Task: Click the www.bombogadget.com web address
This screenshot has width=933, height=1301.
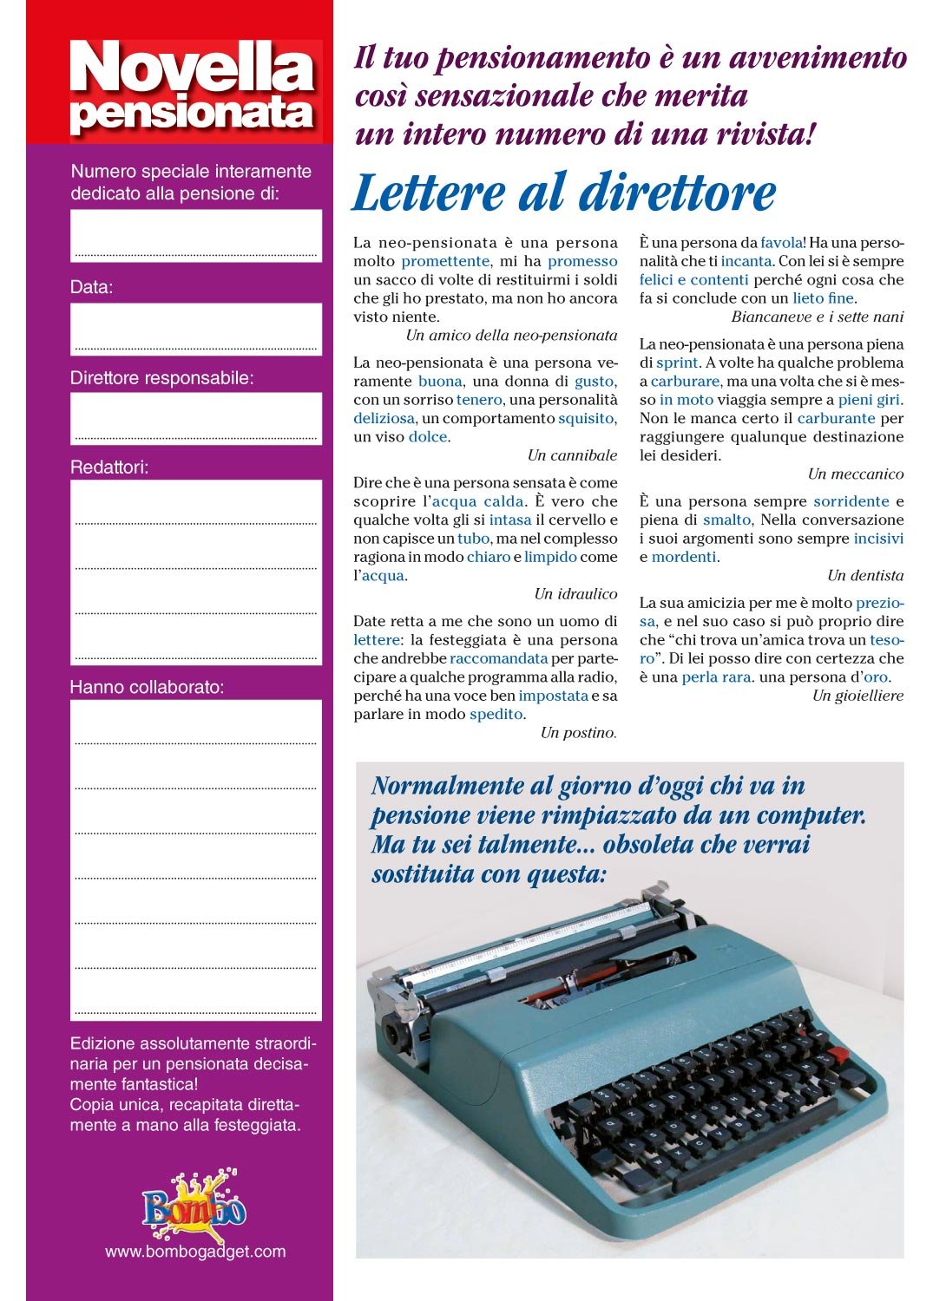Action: click(x=195, y=1252)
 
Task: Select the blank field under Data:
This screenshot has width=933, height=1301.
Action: click(x=195, y=329)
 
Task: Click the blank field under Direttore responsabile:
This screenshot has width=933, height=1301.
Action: click(x=195, y=419)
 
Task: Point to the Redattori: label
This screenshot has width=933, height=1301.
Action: click(x=109, y=467)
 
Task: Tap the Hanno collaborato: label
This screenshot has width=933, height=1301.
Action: click(x=147, y=688)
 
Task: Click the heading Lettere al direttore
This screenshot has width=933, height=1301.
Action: click(x=563, y=193)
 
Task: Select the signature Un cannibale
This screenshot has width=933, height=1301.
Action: click(x=572, y=455)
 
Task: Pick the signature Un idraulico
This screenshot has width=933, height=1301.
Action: click(x=575, y=594)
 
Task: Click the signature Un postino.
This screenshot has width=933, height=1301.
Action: click(x=578, y=733)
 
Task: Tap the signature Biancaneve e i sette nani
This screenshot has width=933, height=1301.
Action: click(x=817, y=317)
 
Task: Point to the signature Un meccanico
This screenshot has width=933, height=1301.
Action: click(x=855, y=474)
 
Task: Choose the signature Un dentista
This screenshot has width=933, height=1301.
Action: click(x=864, y=576)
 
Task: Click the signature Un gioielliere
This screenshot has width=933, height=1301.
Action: click(x=857, y=696)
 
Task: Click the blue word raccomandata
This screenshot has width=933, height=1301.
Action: click(x=498, y=658)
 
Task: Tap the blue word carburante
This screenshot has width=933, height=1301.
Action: click(x=836, y=418)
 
